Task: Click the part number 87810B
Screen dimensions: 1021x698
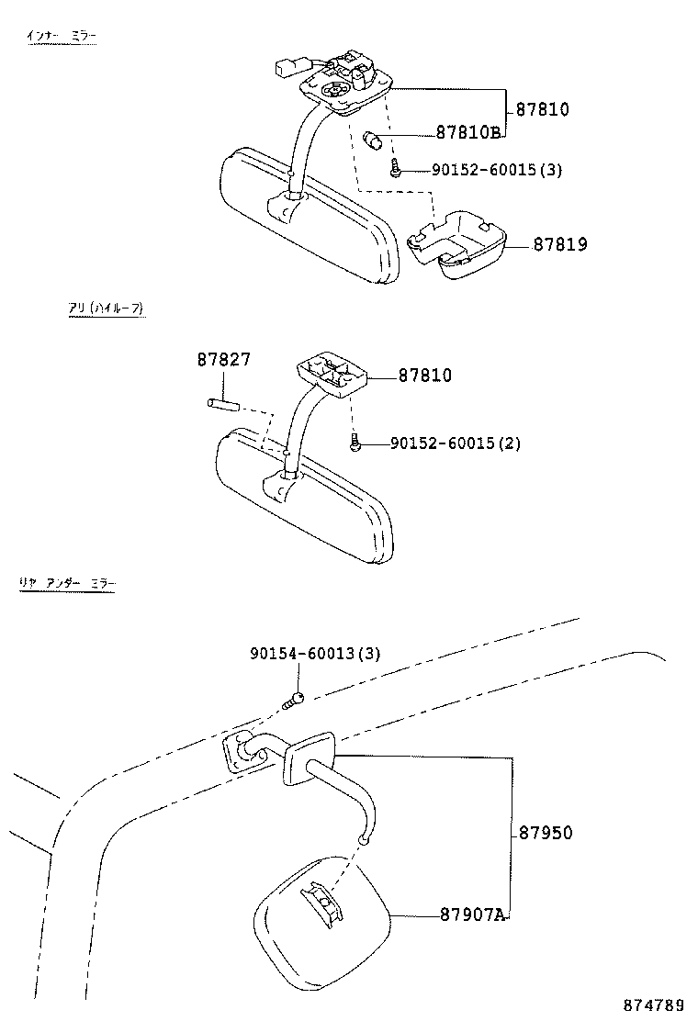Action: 467,132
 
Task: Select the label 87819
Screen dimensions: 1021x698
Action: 559,245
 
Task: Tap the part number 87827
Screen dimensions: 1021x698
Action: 223,360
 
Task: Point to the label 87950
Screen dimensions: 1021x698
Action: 546,833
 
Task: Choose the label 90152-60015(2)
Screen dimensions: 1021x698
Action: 456,443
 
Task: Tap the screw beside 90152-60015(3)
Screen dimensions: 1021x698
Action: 394,170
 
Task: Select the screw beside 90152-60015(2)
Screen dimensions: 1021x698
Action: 355,444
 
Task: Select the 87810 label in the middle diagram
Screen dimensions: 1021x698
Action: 424,376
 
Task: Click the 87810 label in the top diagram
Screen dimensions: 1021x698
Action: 542,109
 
